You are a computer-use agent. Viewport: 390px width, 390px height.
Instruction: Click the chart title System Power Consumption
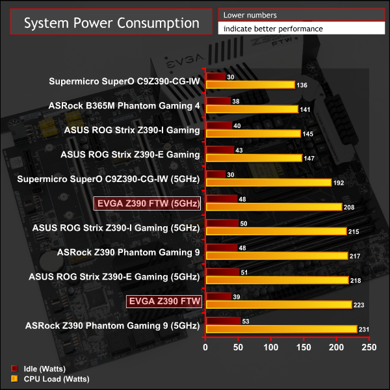tap(112, 23)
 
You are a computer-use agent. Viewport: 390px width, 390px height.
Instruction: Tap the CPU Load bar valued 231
tap(281, 329)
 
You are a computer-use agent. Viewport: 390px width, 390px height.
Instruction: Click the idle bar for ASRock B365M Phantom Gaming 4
tap(218, 101)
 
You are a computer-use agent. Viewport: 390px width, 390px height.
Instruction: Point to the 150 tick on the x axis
tap(304, 348)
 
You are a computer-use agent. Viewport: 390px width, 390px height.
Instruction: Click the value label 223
tap(361, 304)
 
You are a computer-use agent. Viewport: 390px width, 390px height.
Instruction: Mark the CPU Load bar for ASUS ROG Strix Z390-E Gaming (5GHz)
tap(277, 280)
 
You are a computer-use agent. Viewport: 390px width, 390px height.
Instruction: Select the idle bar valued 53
tap(223, 320)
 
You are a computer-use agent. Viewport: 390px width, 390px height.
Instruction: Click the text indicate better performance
tap(272, 29)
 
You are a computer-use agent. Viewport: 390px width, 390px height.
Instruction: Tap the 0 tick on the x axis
tap(206, 348)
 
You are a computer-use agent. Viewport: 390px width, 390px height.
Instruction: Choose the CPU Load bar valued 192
tap(268, 183)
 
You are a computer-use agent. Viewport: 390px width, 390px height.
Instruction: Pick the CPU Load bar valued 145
tap(253, 133)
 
